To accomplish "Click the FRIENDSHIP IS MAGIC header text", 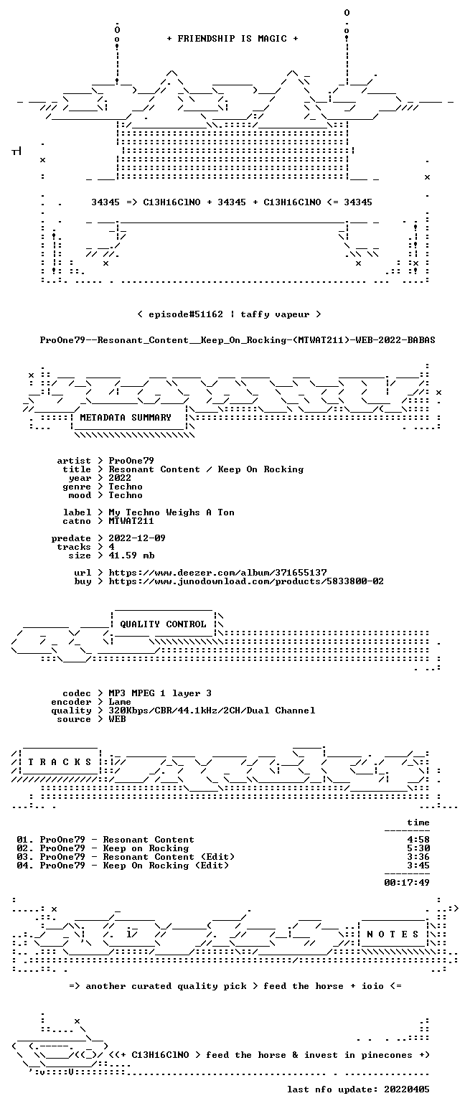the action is tap(232, 39).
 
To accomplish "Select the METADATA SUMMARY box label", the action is tap(126, 418).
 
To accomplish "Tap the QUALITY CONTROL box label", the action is tap(163, 624).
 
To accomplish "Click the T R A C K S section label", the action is tap(60, 761).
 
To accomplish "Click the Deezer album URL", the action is tap(217, 573).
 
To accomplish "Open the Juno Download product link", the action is tap(246, 581).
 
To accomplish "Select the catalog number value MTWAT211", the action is tap(131, 521).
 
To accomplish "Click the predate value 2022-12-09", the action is tap(137, 538).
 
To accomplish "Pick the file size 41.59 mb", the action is tap(131, 555).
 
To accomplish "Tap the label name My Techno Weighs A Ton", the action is tap(172, 512).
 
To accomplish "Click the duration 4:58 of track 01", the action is tap(418, 840).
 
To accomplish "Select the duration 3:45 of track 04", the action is tap(418, 866).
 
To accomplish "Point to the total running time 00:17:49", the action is tap(407, 882).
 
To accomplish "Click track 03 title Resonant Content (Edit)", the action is tap(169, 857).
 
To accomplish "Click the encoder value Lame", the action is tap(120, 702).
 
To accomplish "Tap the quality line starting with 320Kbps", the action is tap(212, 711).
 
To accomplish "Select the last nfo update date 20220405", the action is tap(407, 1089).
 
